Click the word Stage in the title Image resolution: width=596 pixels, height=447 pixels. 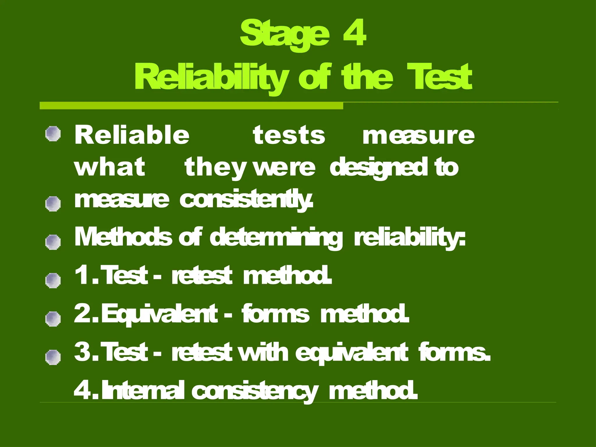click(284, 34)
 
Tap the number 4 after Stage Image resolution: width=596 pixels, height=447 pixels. click(354, 33)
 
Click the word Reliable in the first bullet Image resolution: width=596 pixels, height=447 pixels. click(132, 135)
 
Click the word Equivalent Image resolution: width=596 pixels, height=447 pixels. click(159, 314)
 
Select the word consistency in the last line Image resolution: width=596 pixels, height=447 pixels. click(254, 391)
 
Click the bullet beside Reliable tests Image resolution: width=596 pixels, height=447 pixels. click(53, 134)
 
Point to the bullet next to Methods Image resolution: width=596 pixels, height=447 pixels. click(53, 242)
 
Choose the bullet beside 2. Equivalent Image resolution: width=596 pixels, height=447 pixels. click(53, 319)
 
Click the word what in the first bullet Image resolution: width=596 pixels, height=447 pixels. click(109, 167)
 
